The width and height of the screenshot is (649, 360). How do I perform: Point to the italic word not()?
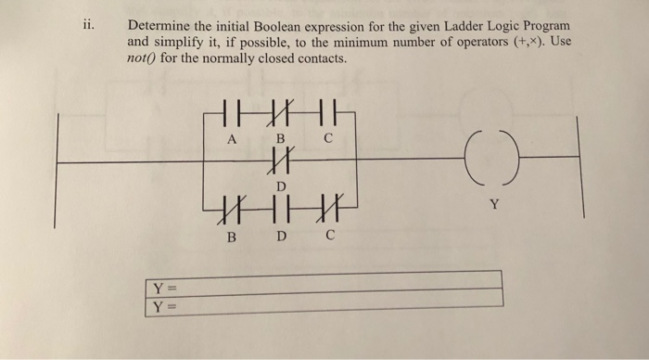(x=144, y=58)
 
